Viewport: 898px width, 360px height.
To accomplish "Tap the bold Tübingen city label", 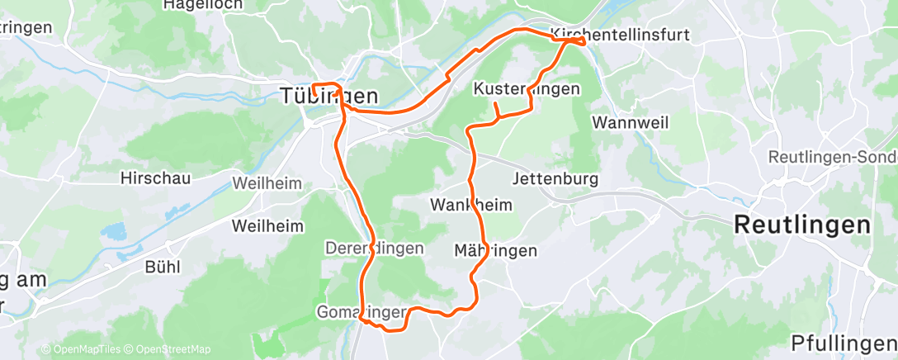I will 328,97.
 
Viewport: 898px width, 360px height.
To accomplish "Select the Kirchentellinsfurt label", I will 619,36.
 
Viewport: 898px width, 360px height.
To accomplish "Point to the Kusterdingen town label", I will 527,88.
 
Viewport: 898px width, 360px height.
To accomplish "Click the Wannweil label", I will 625,122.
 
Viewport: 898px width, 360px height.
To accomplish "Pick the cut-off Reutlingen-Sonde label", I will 832,157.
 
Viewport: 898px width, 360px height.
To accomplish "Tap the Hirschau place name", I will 155,178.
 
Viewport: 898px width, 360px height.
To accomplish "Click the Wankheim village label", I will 471,205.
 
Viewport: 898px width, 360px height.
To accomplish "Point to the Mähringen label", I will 496,250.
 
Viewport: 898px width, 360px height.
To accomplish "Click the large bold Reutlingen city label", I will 802,225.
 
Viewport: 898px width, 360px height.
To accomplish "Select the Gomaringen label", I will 362,312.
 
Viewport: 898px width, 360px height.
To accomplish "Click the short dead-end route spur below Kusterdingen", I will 494,110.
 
